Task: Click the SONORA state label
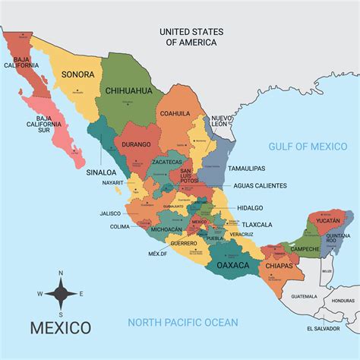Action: coord(77,74)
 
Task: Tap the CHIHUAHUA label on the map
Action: coord(128,90)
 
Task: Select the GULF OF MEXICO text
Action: coord(306,145)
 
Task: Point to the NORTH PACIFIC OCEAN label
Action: coord(182,322)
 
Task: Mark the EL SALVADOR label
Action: coord(322,329)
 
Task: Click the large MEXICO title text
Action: coord(60,328)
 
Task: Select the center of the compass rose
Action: coord(61,293)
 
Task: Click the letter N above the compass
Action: coord(61,272)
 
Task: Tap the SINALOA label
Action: coord(101,172)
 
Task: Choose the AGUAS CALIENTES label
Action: coord(261,185)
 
